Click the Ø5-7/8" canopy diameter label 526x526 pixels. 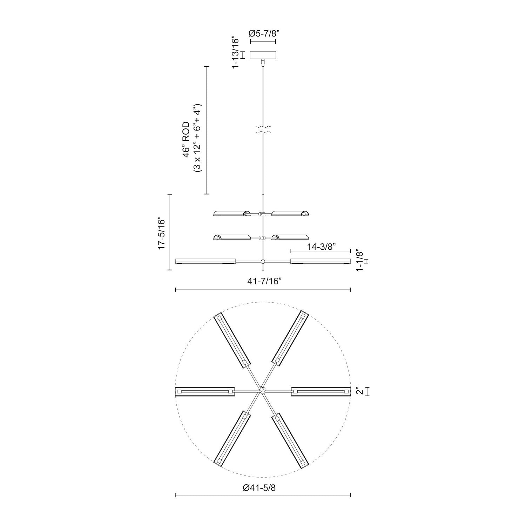coord(263,34)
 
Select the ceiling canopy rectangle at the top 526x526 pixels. coord(263,55)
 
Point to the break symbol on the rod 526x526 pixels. coord(263,129)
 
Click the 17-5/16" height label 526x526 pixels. coord(161,232)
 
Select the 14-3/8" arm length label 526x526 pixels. coord(320,247)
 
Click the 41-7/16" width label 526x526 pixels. coord(263,282)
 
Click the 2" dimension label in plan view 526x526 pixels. coord(358,391)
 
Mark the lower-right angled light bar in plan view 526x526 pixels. coord(291,441)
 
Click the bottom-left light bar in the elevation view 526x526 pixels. coord(205,261)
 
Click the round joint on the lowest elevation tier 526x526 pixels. coord(263,261)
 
